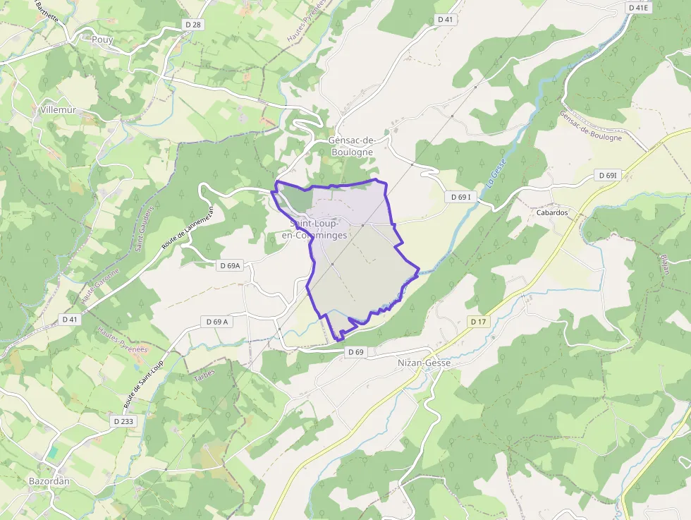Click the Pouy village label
[x=102, y=40]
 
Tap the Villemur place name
[x=58, y=110]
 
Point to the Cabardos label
[x=552, y=212]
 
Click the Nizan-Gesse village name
[x=424, y=363]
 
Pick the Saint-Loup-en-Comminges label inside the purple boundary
[x=314, y=229]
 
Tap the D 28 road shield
[x=192, y=25]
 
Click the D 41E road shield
[x=637, y=8]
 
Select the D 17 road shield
[x=478, y=322]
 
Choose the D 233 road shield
[x=123, y=421]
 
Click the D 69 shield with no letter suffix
[x=355, y=351]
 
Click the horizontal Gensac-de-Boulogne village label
[x=350, y=145]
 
